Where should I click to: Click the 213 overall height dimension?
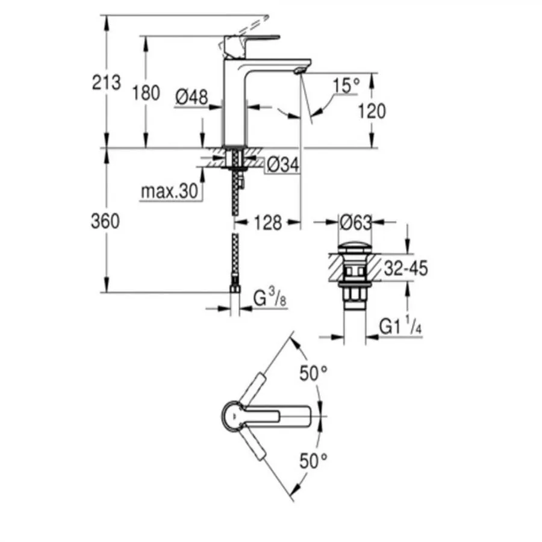pos(107,83)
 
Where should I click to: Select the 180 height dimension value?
pos(146,93)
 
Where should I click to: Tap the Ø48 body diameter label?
pos(192,97)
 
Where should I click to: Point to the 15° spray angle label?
pos(347,85)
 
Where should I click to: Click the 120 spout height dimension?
pos(372,111)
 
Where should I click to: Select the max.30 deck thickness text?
pos(170,191)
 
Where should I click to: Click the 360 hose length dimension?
pos(105,221)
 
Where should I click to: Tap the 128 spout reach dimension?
pos(268,223)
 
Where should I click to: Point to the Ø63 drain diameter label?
pos(355,223)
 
